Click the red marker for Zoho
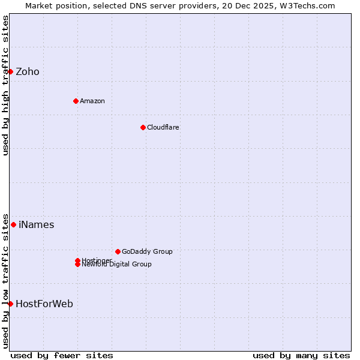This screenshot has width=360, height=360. (10, 72)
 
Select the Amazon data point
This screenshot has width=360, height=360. (76, 101)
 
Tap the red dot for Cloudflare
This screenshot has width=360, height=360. (143, 127)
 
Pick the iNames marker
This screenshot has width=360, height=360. (13, 225)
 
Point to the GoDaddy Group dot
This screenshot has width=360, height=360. (118, 251)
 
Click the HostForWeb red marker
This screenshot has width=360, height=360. (10, 304)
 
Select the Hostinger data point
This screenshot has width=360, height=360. (77, 260)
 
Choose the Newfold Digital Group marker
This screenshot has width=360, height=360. (77, 265)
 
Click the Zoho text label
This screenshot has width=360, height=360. (28, 72)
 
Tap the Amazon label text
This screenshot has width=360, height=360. (92, 101)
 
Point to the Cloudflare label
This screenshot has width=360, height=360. (163, 127)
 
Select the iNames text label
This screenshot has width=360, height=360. (36, 225)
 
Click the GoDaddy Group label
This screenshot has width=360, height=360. (147, 251)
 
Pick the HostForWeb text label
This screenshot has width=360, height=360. (44, 304)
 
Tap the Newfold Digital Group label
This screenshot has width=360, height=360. (117, 265)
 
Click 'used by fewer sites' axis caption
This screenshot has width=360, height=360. (62, 355)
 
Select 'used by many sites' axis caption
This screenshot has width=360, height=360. (301, 355)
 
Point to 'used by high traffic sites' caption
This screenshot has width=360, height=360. (5, 86)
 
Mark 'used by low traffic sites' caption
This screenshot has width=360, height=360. (5, 281)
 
